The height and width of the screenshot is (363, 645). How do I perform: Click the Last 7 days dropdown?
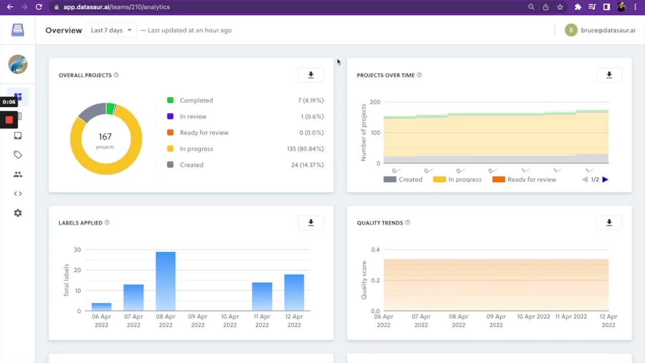pyautogui.click(x=111, y=30)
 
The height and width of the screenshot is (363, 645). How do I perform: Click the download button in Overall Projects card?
pyautogui.click(x=311, y=75)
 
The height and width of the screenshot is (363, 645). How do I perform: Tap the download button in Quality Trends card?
pyautogui.click(x=609, y=223)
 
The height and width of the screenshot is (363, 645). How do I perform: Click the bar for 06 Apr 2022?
pyautogui.click(x=101, y=307)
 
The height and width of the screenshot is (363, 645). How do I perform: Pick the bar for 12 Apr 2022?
pyautogui.click(x=294, y=292)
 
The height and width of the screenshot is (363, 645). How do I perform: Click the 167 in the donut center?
pyautogui.click(x=105, y=137)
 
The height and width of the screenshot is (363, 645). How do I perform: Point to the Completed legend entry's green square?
pyautogui.click(x=170, y=100)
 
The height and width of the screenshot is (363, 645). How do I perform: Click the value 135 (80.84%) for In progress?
pyautogui.click(x=305, y=149)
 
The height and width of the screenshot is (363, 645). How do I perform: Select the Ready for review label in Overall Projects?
pyautogui.click(x=204, y=133)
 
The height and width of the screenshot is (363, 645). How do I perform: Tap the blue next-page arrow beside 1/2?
pyautogui.click(x=605, y=179)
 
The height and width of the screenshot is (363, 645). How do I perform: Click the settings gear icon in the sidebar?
pyautogui.click(x=18, y=213)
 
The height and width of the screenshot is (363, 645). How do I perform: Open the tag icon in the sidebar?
pyautogui.click(x=18, y=155)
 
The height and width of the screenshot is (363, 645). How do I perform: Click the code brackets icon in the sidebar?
pyautogui.click(x=18, y=194)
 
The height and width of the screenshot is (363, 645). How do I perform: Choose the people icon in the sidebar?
pyautogui.click(x=18, y=174)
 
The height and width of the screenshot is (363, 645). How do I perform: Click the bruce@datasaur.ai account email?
pyautogui.click(x=608, y=30)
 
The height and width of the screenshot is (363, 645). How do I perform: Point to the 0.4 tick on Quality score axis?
pyautogui.click(x=375, y=250)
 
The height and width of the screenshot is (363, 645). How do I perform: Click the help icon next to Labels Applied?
pyautogui.click(x=107, y=223)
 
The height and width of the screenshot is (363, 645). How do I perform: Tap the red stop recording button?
pyautogui.click(x=9, y=120)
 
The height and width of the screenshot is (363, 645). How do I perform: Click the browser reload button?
pyautogui.click(x=39, y=7)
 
